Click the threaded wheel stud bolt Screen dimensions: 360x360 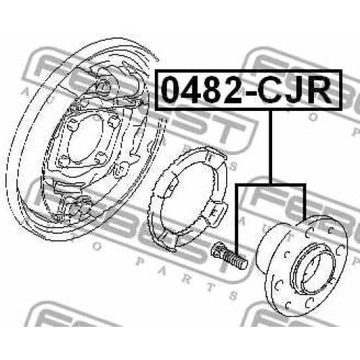click(x=228, y=256)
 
